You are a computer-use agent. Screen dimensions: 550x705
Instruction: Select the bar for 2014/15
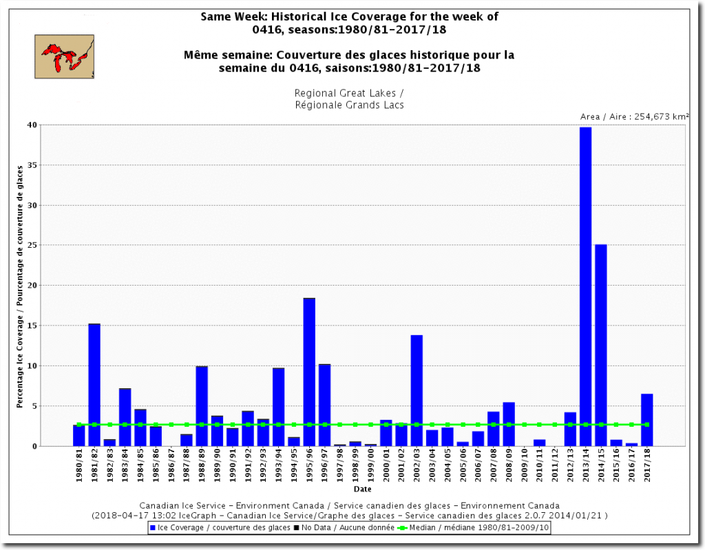601,345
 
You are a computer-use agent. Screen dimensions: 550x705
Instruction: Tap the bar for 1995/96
309,372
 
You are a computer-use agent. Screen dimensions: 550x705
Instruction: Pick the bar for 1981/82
94,385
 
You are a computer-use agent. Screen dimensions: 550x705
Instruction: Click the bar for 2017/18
647,420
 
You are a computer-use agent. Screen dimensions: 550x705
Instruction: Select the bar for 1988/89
202,406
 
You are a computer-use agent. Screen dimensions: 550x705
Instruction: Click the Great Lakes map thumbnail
64,56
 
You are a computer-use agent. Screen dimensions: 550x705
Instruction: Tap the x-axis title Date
362,489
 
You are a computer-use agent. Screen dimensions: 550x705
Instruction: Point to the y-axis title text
20,286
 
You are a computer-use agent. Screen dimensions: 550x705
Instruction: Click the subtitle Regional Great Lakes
349,93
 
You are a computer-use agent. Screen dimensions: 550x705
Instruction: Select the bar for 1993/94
278,407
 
